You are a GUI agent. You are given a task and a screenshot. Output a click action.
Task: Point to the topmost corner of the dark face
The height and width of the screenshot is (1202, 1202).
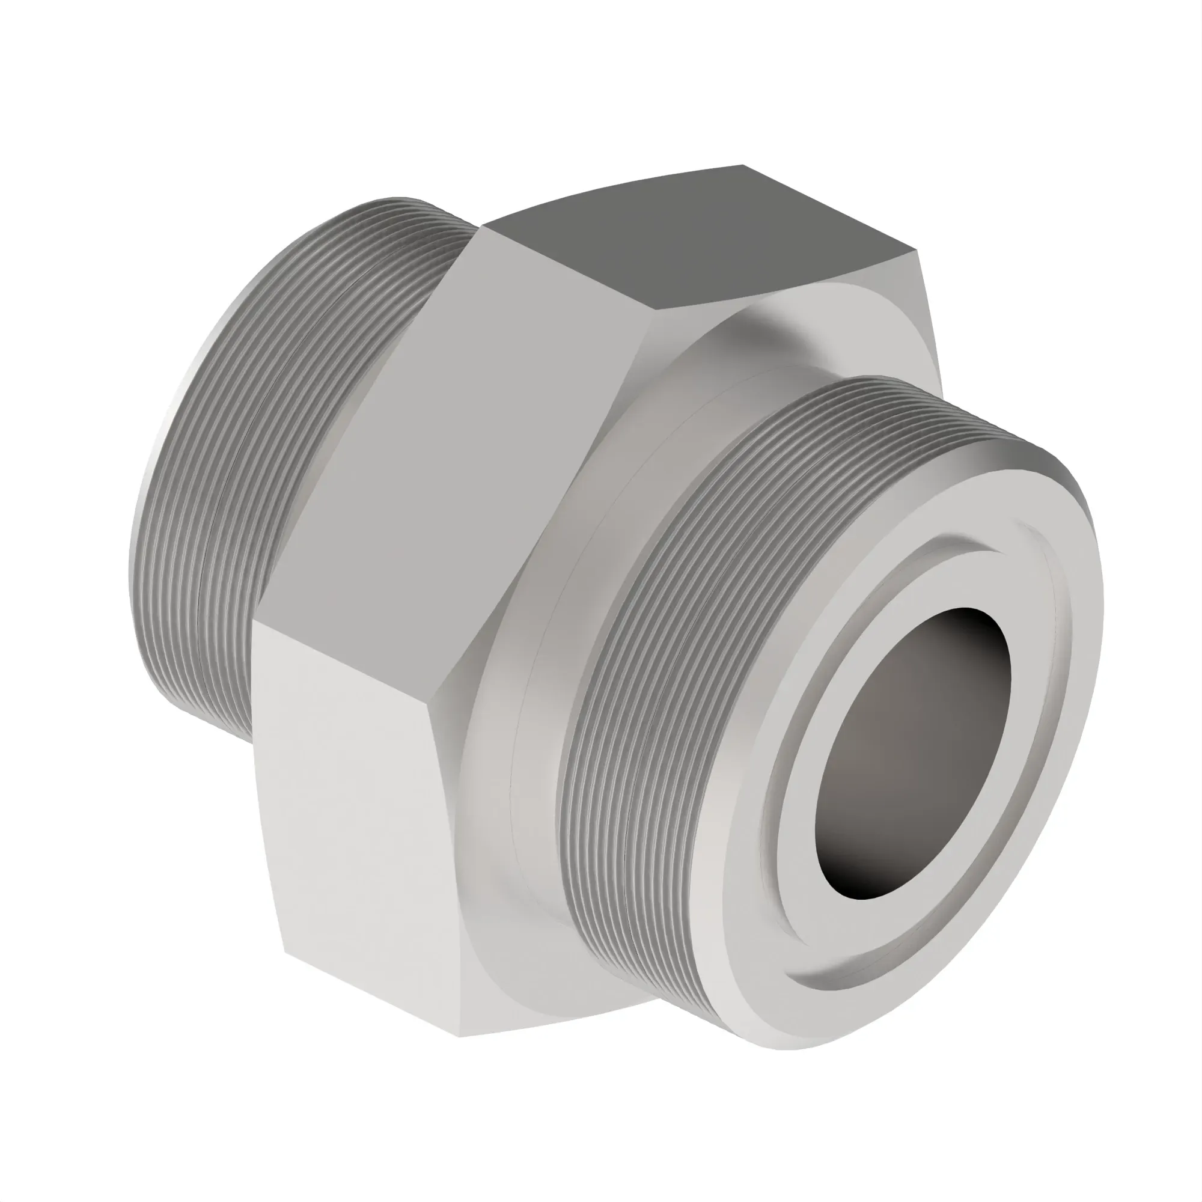(x=742, y=165)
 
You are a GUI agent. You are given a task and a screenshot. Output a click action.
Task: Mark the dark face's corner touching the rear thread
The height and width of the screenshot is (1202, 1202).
(x=483, y=227)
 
